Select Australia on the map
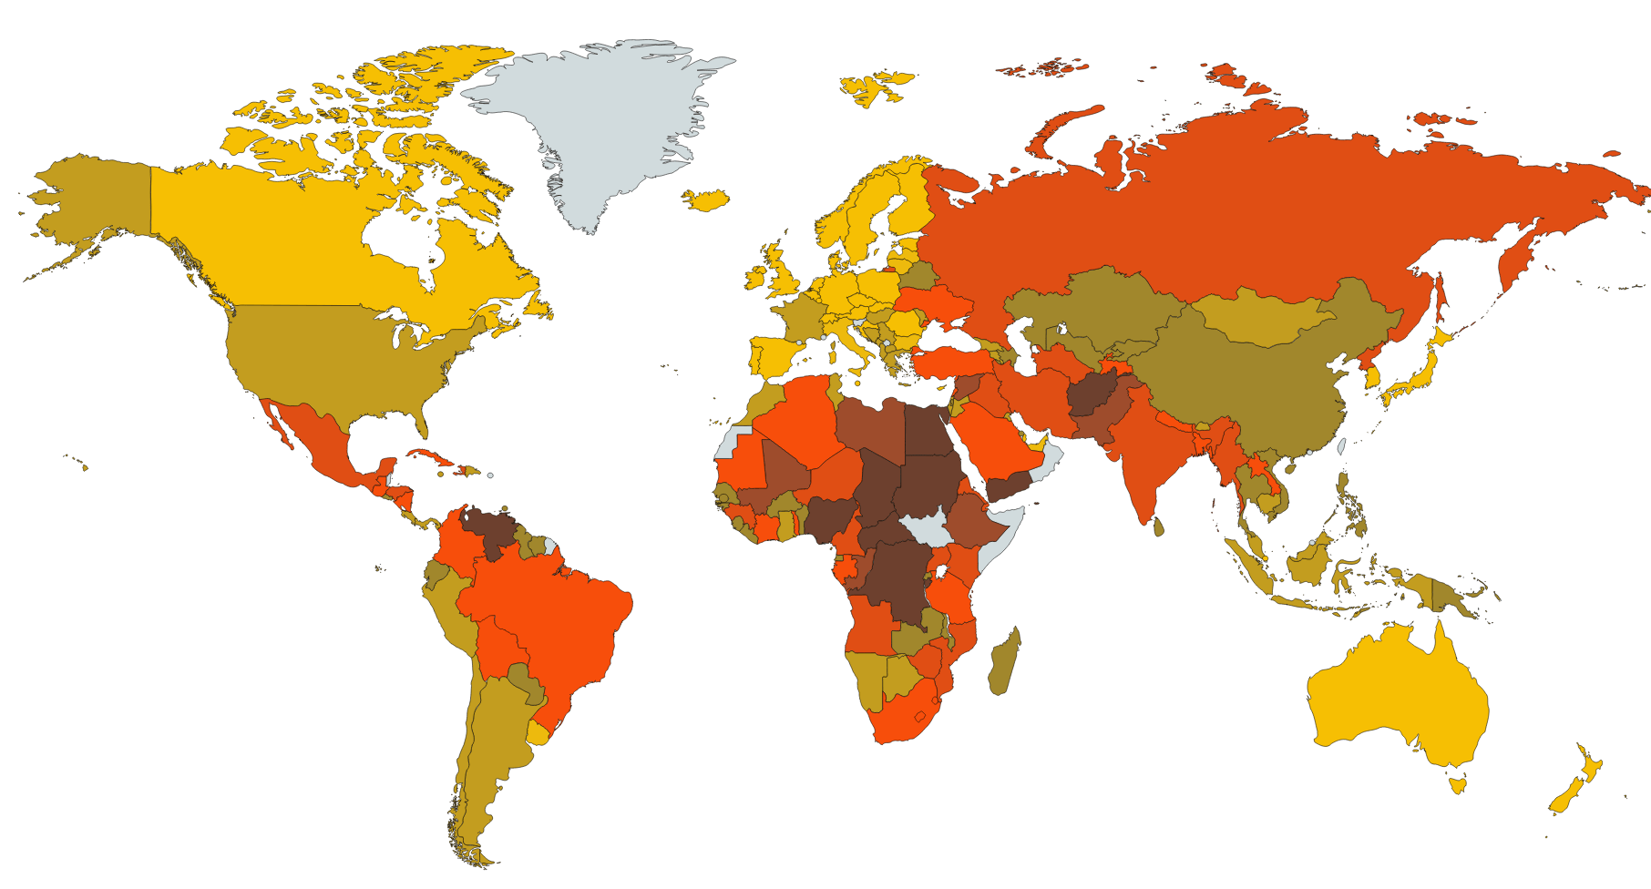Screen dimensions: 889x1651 (x=1394, y=692)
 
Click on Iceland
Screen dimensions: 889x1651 (x=706, y=199)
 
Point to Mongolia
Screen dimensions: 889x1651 (x=1262, y=319)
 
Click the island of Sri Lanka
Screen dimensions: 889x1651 (x=1158, y=526)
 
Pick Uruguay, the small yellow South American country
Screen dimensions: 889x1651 (x=538, y=734)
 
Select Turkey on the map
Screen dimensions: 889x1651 (x=948, y=364)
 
